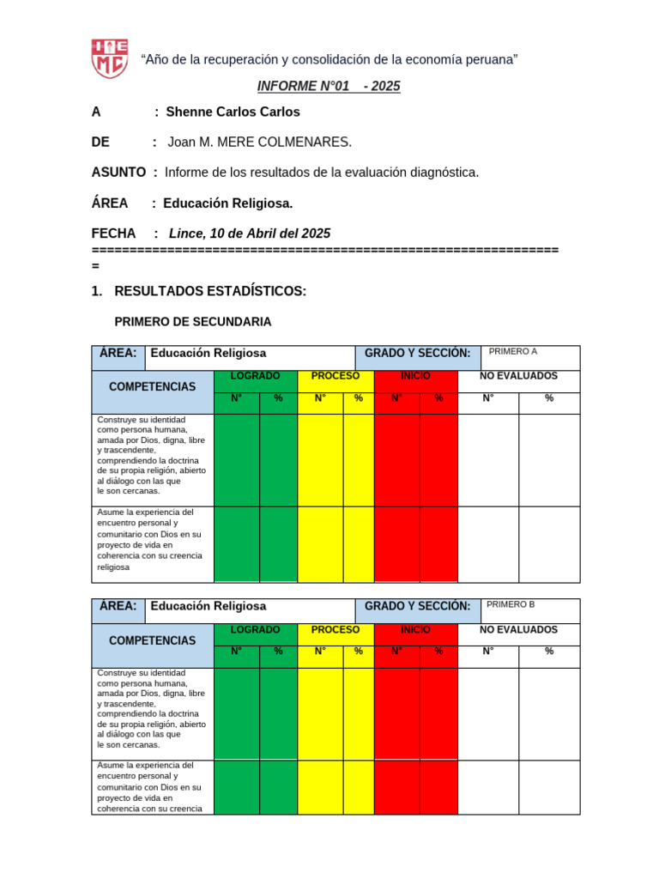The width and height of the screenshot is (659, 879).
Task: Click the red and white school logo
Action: tap(110, 58)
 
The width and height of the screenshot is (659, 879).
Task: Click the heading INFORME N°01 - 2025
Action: tap(329, 86)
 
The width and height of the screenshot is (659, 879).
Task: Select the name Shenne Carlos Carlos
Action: tap(233, 112)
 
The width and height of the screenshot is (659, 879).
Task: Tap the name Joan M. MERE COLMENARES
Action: tap(259, 142)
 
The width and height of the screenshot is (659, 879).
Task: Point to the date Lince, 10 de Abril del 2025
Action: tap(250, 233)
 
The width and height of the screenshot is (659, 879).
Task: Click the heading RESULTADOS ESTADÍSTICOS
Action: tap(209, 291)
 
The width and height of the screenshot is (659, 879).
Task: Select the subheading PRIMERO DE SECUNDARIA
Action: tap(193, 321)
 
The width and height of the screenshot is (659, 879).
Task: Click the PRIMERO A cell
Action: tap(513, 351)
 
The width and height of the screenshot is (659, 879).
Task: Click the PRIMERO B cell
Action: tap(511, 604)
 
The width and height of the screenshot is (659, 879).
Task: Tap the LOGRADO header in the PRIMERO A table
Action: tap(255, 376)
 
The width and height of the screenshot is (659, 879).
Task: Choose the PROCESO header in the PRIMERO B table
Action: tap(336, 629)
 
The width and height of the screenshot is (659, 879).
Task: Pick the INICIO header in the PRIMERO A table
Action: tap(416, 376)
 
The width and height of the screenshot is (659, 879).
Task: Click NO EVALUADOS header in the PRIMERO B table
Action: tap(518, 629)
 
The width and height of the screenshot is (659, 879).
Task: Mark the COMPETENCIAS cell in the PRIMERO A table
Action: tap(152, 387)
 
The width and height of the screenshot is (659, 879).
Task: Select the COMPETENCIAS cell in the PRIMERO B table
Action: tap(152, 640)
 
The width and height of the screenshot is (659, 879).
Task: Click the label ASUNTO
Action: tap(118, 172)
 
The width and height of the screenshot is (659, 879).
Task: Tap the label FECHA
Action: tap(113, 233)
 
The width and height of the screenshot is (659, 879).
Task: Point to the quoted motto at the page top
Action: tap(329, 58)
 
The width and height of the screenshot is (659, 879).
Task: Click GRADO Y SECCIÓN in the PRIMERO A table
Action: tap(417, 353)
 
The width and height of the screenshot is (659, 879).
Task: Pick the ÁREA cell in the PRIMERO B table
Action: tap(118, 606)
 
